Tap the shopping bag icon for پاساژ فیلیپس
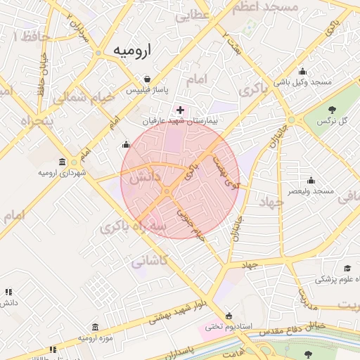tap(146, 79)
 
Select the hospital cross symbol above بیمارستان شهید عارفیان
tap(181, 110)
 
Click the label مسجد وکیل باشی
tap(302, 82)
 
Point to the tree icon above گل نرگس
tap(332, 109)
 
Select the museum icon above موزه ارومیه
tap(95, 328)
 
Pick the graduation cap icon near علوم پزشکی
tap(347, 268)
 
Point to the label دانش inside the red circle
tap(145, 178)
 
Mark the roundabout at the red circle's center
tap(167, 191)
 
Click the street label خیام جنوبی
tap(189, 224)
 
